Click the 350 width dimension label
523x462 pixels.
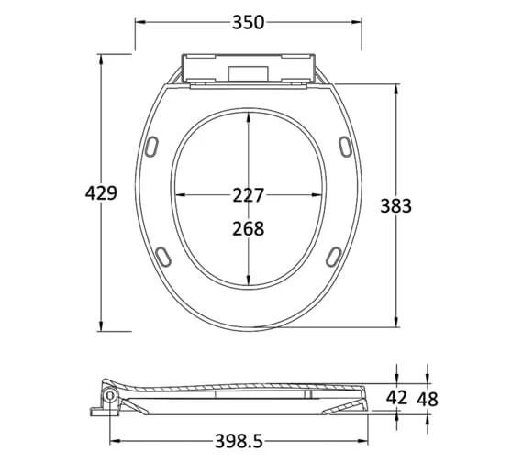pyautogui.click(x=248, y=22)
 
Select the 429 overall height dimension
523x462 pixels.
pyautogui.click(x=101, y=193)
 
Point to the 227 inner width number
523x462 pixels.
pyautogui.click(x=248, y=195)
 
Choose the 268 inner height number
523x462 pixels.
pyautogui.click(x=248, y=228)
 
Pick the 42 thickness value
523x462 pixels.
pyautogui.click(x=396, y=397)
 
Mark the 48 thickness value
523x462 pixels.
pyautogui.click(x=428, y=397)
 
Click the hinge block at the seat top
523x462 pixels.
pyautogui.click(x=248, y=71)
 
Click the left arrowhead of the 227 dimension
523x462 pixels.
pyautogui.click(x=178, y=195)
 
